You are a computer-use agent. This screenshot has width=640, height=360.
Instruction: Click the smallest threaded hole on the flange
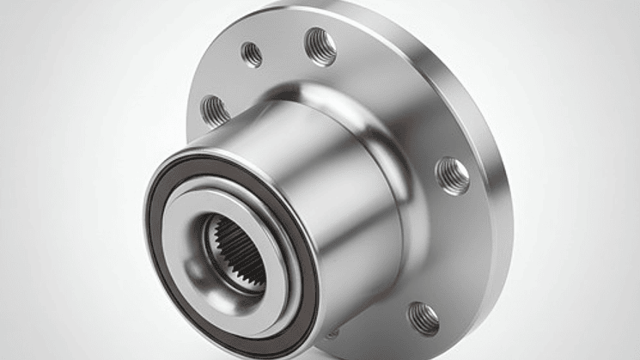coord(252,54)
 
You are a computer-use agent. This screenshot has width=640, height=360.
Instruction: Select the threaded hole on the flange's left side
coord(215,111)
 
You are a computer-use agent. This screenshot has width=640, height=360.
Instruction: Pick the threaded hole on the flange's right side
coord(453,175)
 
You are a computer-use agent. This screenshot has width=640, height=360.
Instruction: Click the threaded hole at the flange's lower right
coord(423,318)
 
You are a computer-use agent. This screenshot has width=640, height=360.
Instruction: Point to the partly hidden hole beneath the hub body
coord(332,333)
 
